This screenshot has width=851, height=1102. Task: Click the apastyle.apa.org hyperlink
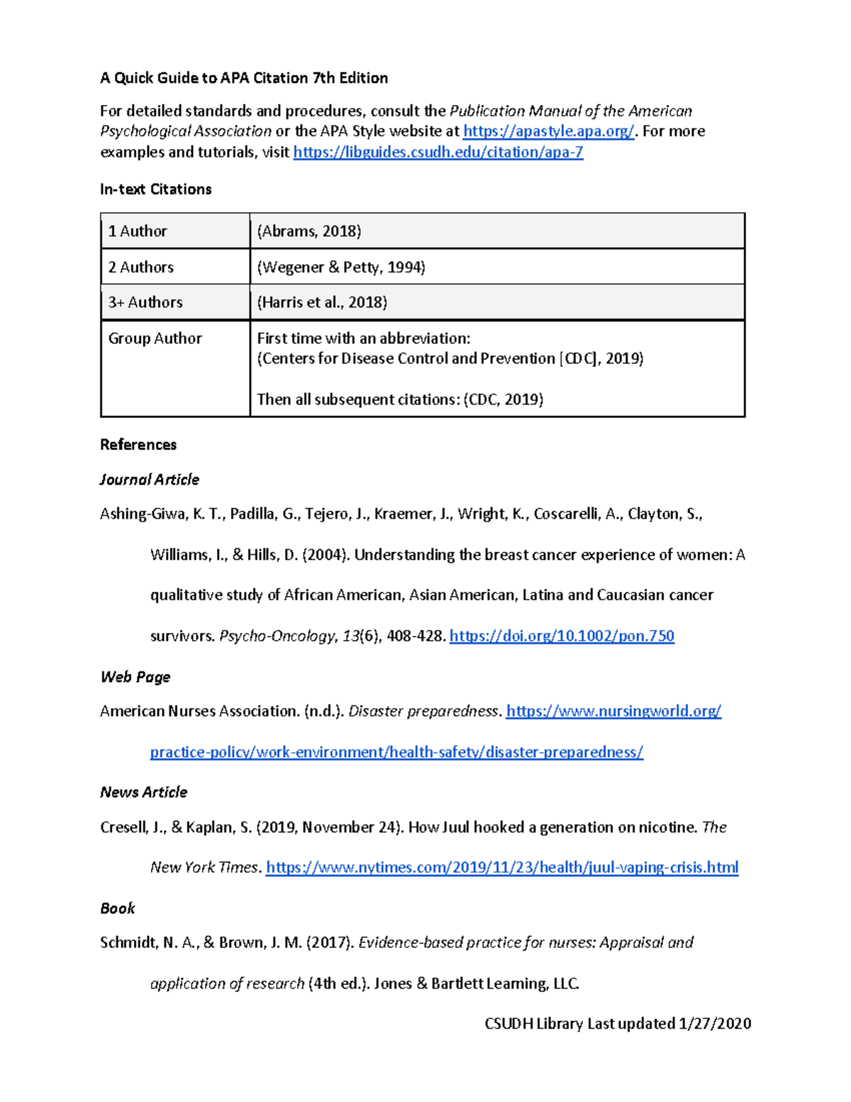click(548, 131)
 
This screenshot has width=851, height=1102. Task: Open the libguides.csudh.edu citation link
click(438, 152)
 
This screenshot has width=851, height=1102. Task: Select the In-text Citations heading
click(155, 189)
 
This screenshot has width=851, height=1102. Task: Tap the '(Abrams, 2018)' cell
click(309, 231)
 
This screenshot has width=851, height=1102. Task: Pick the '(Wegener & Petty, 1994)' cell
click(341, 267)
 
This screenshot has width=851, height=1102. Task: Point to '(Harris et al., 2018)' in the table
click(322, 302)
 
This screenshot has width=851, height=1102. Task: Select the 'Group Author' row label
click(155, 338)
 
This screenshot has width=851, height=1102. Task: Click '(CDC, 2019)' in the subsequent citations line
click(504, 400)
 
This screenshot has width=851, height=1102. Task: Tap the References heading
click(138, 445)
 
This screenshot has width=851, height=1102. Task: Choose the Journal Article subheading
click(150, 480)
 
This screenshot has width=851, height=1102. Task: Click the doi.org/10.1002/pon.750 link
click(562, 636)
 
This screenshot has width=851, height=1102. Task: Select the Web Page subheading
click(135, 677)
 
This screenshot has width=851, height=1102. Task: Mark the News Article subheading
click(144, 792)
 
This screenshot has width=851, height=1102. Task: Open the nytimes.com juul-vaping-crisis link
click(502, 867)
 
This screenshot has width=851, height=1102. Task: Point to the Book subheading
click(118, 908)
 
